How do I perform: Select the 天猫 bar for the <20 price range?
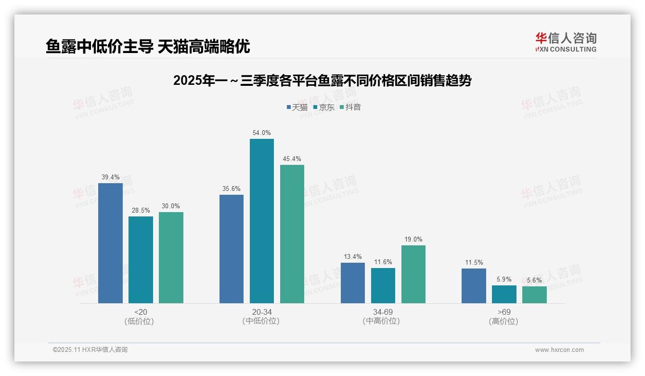[x=110, y=243]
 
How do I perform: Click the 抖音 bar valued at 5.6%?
[x=534, y=295]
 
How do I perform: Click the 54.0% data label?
[x=261, y=133]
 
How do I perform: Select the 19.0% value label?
[x=413, y=239]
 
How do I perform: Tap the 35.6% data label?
[x=231, y=188]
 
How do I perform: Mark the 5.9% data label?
[x=504, y=279]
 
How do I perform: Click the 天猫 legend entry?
[x=297, y=107]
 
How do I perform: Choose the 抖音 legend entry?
[x=350, y=107]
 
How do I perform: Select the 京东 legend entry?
[x=323, y=107]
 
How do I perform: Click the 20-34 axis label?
[x=261, y=312]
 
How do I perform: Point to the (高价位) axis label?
[x=503, y=321]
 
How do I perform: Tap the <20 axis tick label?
[x=141, y=312]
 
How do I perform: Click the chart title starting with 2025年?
[x=322, y=80]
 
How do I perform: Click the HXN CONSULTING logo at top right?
[x=566, y=42]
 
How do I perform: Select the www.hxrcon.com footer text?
[x=559, y=350]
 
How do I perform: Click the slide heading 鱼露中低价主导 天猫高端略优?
[x=148, y=46]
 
